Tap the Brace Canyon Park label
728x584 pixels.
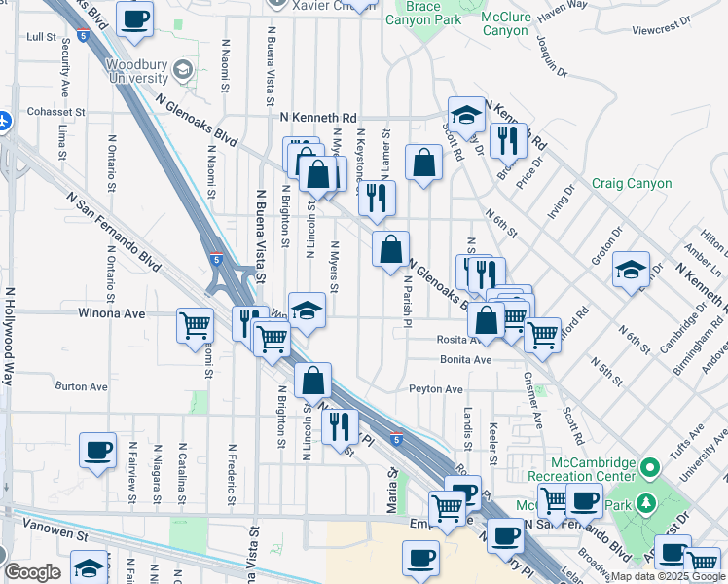tap(436, 12)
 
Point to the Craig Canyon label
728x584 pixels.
tap(632, 183)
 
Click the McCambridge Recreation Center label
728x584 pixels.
tap(582, 470)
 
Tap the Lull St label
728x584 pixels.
tap(42, 37)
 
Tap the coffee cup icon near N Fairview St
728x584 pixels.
tap(97, 450)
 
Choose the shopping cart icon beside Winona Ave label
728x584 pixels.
tap(196, 325)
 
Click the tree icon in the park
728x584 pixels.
tap(643, 503)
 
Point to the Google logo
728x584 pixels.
tap(32, 572)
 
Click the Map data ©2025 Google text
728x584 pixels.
tap(669, 576)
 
